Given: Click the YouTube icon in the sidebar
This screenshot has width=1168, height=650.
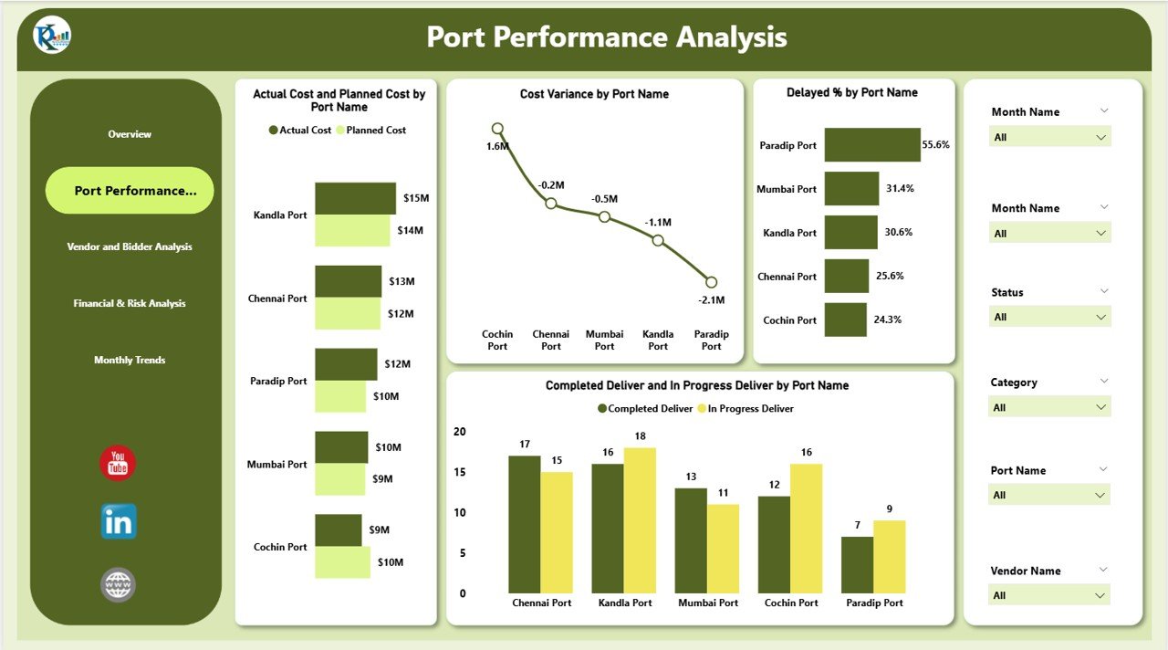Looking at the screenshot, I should point(118,463).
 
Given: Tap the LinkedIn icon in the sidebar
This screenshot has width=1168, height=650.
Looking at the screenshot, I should point(119,521).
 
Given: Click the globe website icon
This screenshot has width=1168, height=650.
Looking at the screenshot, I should point(118,584).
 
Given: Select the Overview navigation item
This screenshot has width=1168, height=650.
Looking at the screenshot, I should point(130,134).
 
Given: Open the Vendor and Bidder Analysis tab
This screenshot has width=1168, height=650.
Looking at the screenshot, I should point(130,246).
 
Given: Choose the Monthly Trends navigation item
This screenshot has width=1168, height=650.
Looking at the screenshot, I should point(130,360).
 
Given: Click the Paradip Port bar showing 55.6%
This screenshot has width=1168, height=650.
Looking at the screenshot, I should point(872,145).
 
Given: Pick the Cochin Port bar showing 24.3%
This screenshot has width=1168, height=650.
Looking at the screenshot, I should point(845,320).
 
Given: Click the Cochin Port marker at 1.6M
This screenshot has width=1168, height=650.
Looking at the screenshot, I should point(497,129).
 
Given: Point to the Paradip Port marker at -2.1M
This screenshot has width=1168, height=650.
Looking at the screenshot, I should point(711,282).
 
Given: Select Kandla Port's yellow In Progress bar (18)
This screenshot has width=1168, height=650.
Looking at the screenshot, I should point(640,520).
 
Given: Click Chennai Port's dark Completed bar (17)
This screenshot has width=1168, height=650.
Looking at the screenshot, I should point(524,524).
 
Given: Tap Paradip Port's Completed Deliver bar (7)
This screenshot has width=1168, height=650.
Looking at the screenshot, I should point(857,564).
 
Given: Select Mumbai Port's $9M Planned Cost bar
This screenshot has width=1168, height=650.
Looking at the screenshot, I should point(340,479).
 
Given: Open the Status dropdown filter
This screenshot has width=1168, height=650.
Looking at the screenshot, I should point(1049,317).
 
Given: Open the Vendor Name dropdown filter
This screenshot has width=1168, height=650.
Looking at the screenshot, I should point(1049,595).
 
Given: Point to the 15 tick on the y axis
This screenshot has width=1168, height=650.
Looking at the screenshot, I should point(460,472).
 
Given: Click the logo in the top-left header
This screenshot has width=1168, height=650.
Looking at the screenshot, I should point(52,37).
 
